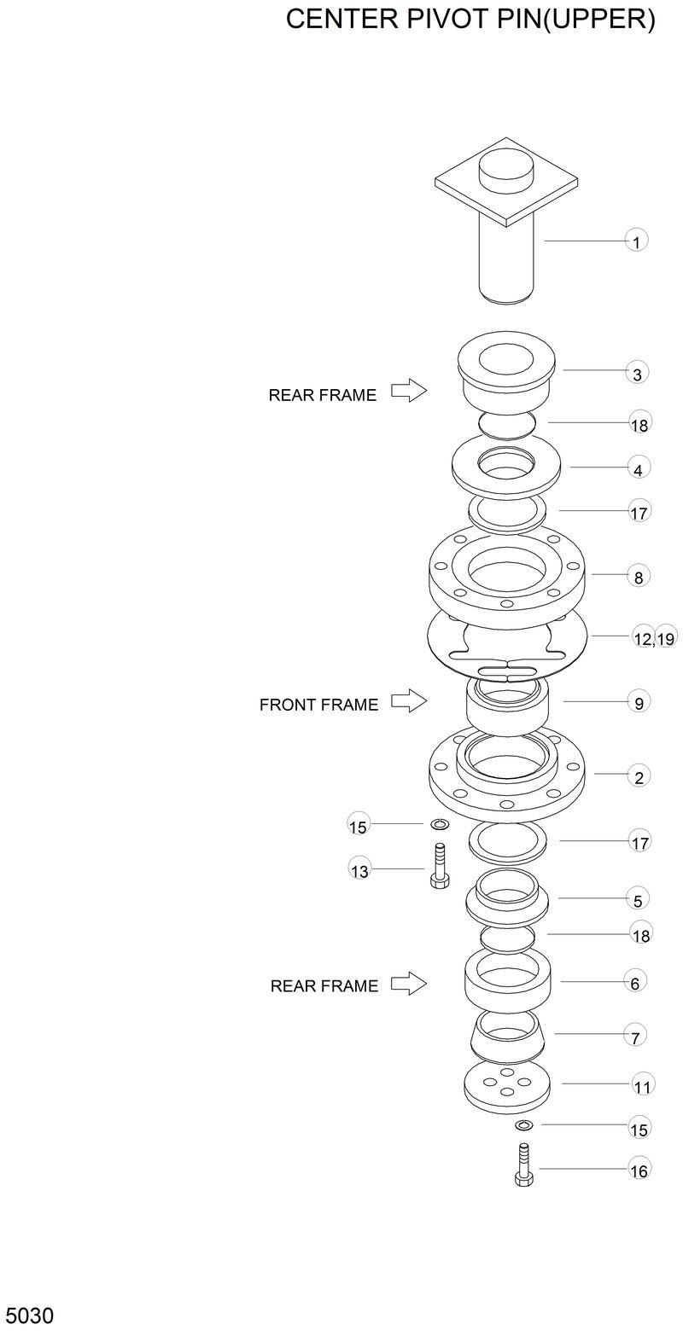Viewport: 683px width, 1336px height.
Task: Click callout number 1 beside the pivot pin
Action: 636,241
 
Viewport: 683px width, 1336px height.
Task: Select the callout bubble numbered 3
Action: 637,373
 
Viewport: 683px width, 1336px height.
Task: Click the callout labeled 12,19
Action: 654,637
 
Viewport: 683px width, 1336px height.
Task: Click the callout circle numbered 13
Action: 360,870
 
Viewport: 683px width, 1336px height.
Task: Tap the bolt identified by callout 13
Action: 440,867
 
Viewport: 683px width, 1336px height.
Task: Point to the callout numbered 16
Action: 639,1170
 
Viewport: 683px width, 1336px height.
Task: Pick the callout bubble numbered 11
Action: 642,1086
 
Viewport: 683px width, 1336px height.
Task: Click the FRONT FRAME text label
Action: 318,705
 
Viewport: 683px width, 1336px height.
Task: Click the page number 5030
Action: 29,1315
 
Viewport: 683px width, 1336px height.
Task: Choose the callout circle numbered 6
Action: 634,983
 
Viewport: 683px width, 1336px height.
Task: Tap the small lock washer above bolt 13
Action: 441,823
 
